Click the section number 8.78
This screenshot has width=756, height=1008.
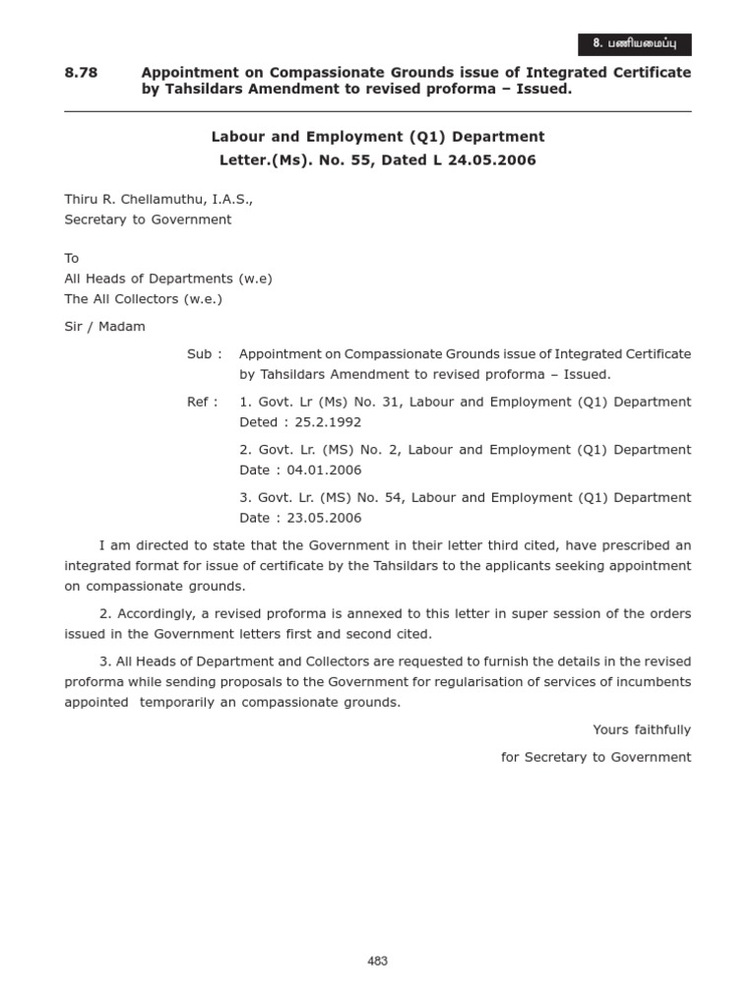(x=80, y=73)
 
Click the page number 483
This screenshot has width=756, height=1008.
(x=378, y=962)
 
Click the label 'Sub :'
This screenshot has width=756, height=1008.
(x=205, y=353)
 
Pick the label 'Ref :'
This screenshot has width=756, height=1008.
(x=203, y=402)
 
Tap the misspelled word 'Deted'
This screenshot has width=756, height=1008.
(x=259, y=422)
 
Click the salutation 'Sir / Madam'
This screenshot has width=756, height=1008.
(x=104, y=327)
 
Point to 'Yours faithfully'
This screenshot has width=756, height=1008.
(x=642, y=729)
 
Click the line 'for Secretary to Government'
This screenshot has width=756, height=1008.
(x=596, y=757)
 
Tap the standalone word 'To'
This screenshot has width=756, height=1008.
(x=72, y=258)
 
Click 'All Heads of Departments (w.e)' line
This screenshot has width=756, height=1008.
(x=167, y=279)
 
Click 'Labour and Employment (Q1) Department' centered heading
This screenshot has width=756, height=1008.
(x=378, y=137)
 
